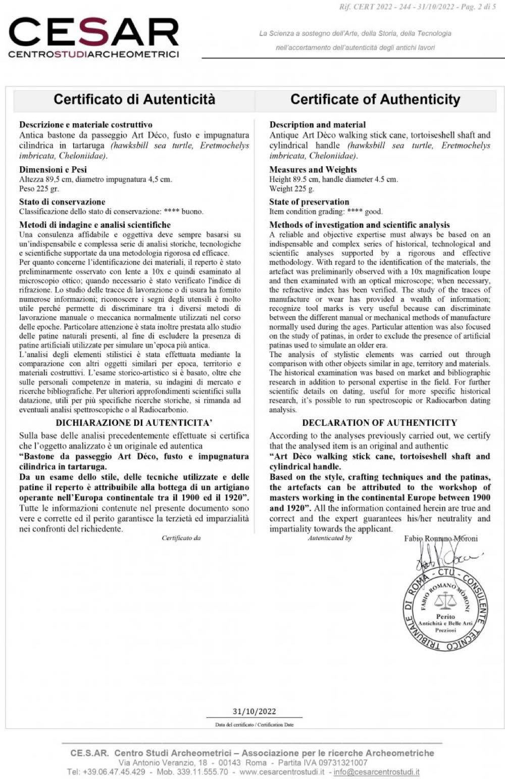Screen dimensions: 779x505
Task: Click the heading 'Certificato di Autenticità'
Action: click(134, 99)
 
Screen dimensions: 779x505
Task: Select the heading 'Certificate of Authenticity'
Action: click(375, 99)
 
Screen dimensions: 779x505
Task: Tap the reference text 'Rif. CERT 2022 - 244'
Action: click(373, 7)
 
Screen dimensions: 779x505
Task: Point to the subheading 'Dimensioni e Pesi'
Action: click(53, 169)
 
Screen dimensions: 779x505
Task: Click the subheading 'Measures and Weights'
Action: click(313, 169)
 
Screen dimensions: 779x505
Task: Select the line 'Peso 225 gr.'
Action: click(39, 189)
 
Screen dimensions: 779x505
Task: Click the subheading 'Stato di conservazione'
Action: click(62, 202)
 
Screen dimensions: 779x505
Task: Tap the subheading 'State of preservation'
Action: click(309, 202)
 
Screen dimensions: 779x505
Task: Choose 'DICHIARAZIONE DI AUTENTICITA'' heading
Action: click(134, 423)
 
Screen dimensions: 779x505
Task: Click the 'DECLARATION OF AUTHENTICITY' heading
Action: click(379, 423)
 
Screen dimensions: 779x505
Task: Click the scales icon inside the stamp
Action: click(445, 601)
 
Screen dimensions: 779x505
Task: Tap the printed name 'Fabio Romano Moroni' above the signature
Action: click(441, 539)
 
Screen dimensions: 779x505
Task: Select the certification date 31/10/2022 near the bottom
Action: click(254, 711)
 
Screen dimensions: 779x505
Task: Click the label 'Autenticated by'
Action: click(330, 538)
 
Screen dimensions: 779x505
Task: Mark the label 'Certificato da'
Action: click(181, 538)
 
